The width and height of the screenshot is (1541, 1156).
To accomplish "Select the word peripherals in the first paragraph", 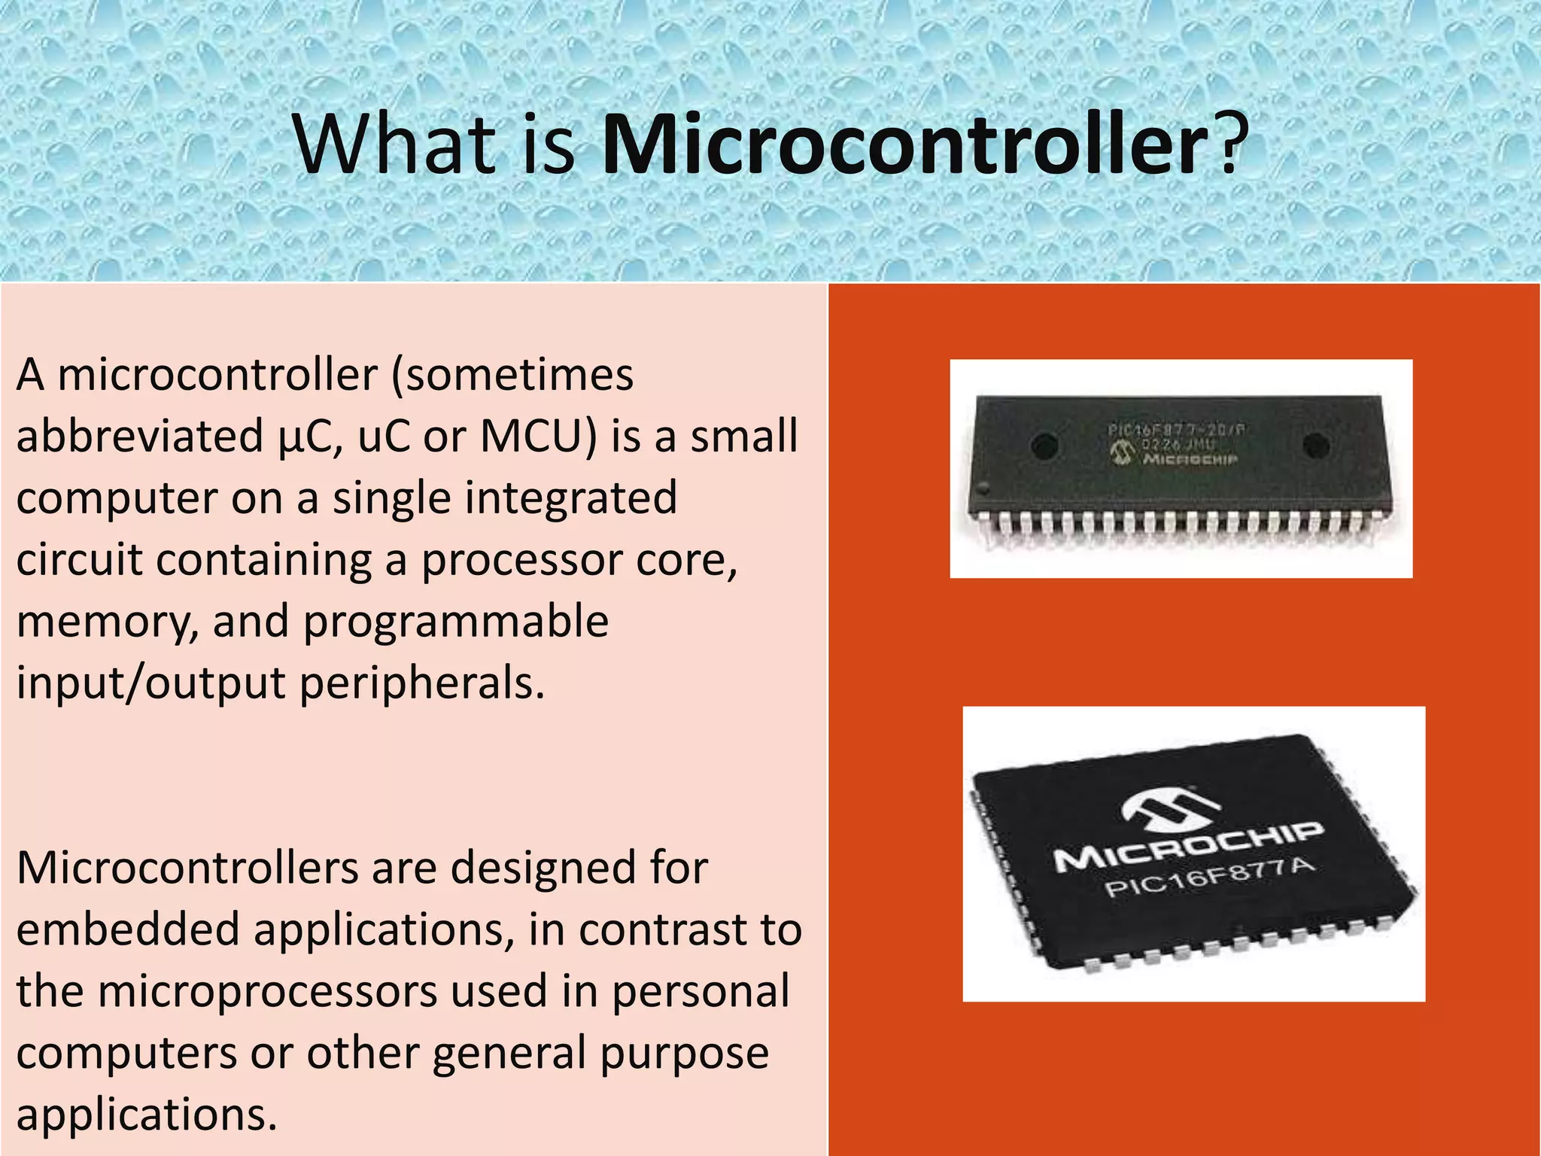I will (421, 683).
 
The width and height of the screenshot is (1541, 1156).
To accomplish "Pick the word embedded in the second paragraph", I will (127, 929).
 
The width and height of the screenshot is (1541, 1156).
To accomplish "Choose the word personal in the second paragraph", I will (701, 991).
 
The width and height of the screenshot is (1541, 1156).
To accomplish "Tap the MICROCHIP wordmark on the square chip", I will (1188, 846).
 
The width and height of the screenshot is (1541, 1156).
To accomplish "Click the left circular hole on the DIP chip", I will (1045, 446).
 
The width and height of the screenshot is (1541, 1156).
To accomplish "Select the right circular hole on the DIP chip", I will (1315, 445).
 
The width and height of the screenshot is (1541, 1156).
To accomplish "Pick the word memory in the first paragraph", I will (106, 622).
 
